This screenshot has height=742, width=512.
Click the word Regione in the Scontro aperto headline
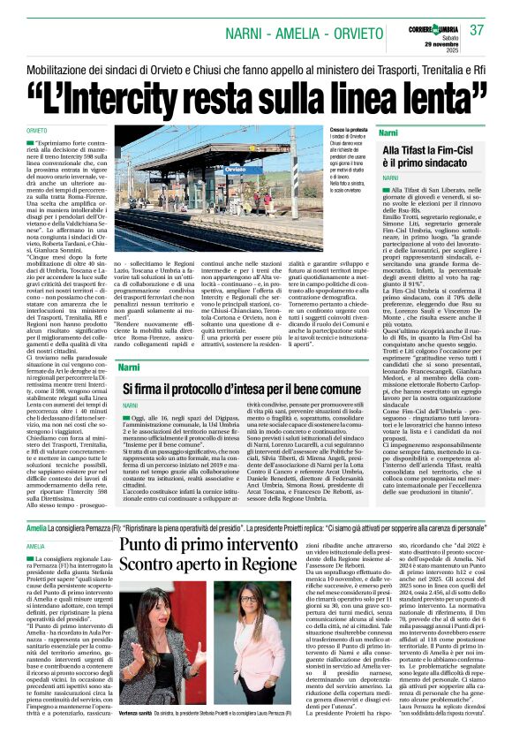pos(260,564)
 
